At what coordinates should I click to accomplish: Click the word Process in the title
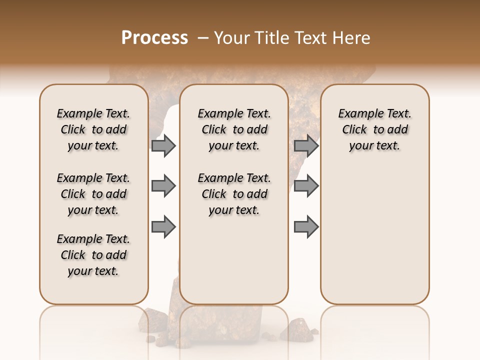(x=154, y=38)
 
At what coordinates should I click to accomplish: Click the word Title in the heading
(x=270, y=38)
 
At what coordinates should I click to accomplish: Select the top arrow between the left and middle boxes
(x=163, y=145)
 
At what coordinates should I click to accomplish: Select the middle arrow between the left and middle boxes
(x=163, y=186)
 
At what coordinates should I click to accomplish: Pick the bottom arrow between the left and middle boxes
(x=163, y=226)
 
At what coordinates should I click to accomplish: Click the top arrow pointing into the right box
(x=306, y=145)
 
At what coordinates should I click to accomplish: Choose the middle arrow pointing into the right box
(x=306, y=186)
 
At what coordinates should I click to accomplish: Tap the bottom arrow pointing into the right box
(x=306, y=226)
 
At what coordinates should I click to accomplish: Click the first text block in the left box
(x=93, y=129)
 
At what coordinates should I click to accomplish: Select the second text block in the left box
(x=93, y=194)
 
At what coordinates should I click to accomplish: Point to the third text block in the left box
(x=93, y=255)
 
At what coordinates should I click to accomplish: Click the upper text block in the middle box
(x=234, y=129)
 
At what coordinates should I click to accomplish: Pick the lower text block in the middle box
(x=234, y=194)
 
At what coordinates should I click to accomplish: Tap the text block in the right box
(x=374, y=129)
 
